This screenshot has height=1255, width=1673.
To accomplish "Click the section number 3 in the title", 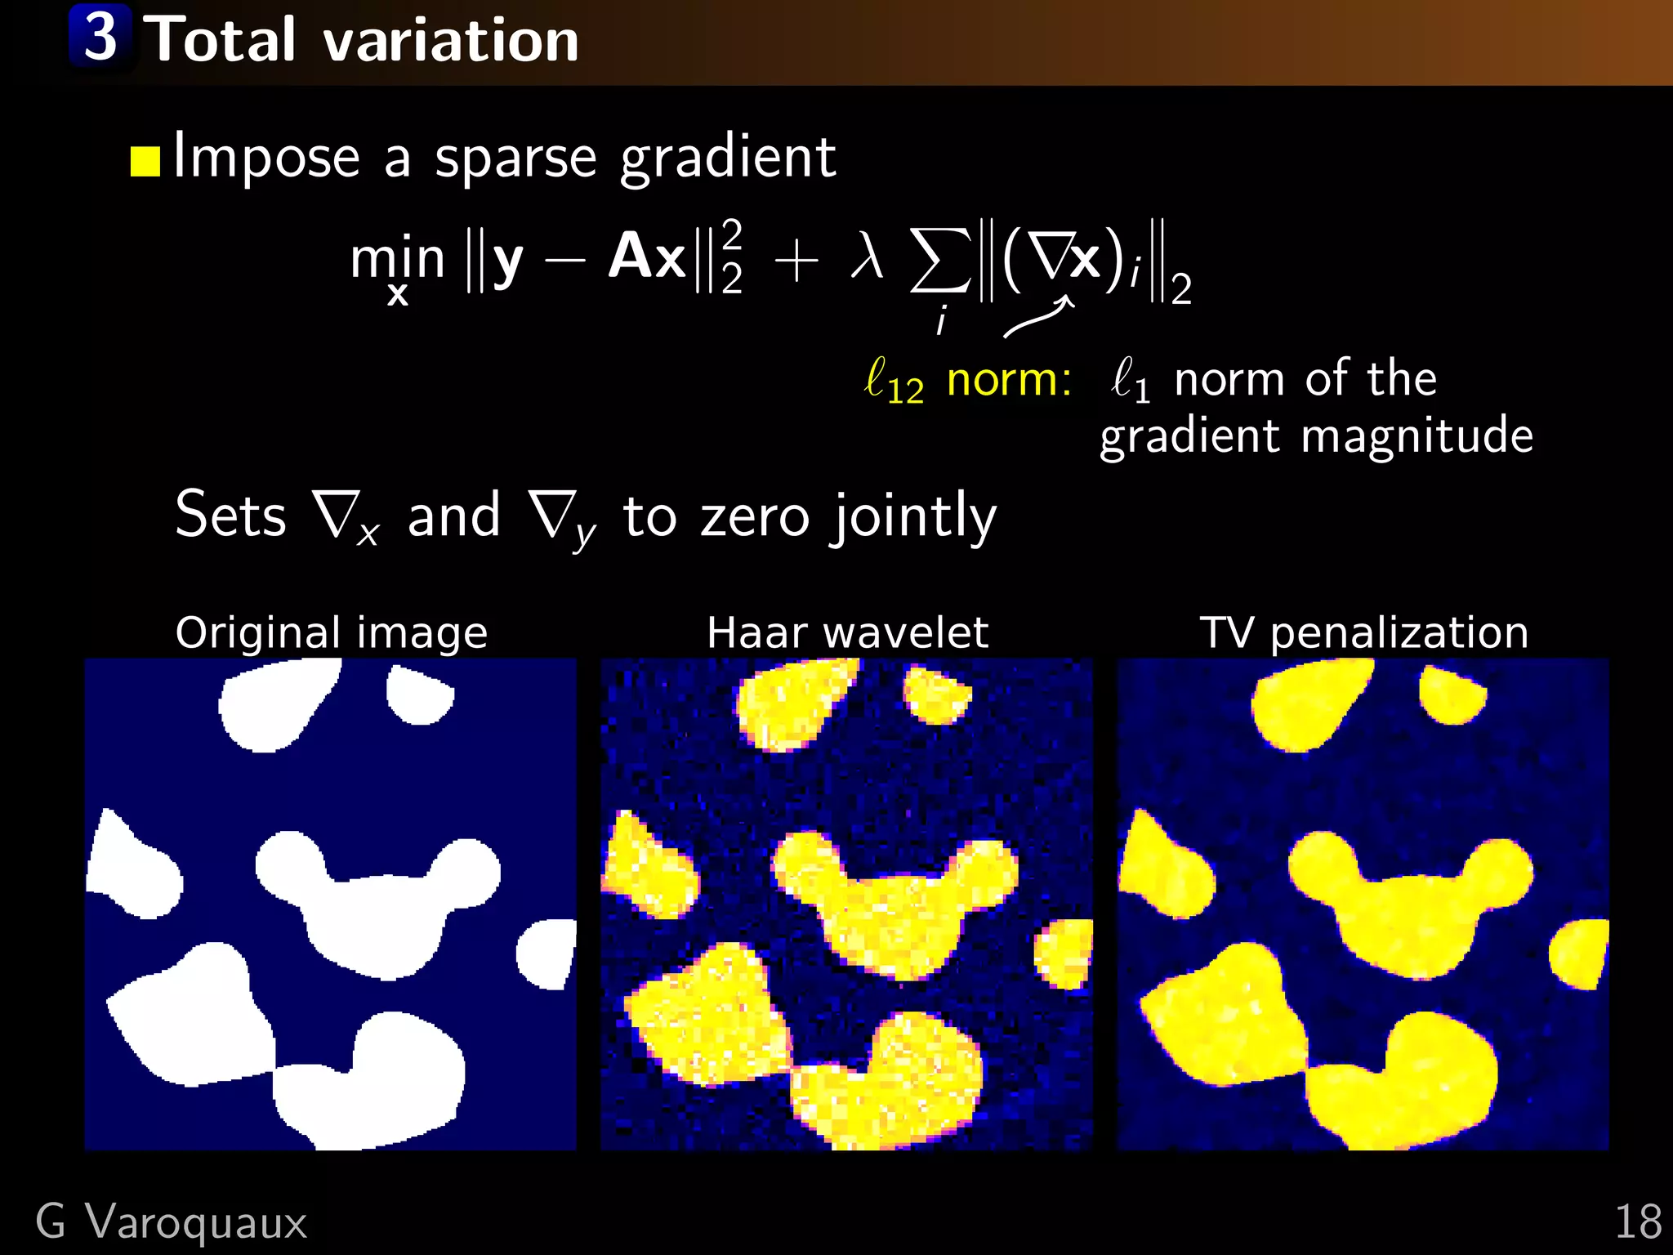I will click(x=100, y=38).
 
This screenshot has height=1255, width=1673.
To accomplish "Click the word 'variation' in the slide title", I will click(x=451, y=40).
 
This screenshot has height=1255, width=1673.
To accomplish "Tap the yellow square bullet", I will click(x=145, y=161).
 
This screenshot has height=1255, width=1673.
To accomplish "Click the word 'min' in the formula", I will click(x=397, y=258).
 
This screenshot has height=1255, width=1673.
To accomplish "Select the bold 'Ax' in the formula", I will click(x=647, y=257).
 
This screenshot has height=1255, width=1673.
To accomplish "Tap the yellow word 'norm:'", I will click(x=1009, y=380).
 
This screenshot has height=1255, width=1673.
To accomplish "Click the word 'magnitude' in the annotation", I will click(x=1416, y=435).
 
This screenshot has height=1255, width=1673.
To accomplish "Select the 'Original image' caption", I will click(x=331, y=632).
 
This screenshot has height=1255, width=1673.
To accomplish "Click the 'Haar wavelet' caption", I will click(x=847, y=632).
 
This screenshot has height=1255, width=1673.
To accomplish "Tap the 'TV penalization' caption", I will click(x=1363, y=632).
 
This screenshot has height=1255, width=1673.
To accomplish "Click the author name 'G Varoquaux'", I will click(x=171, y=1222).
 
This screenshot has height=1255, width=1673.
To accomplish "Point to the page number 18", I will click(x=1637, y=1222).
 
